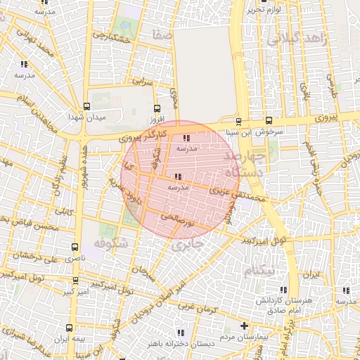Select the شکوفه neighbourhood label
click(108, 244)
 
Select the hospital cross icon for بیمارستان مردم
click(244, 326)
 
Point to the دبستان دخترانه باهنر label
click(180, 343)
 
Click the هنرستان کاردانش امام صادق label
click(284, 304)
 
